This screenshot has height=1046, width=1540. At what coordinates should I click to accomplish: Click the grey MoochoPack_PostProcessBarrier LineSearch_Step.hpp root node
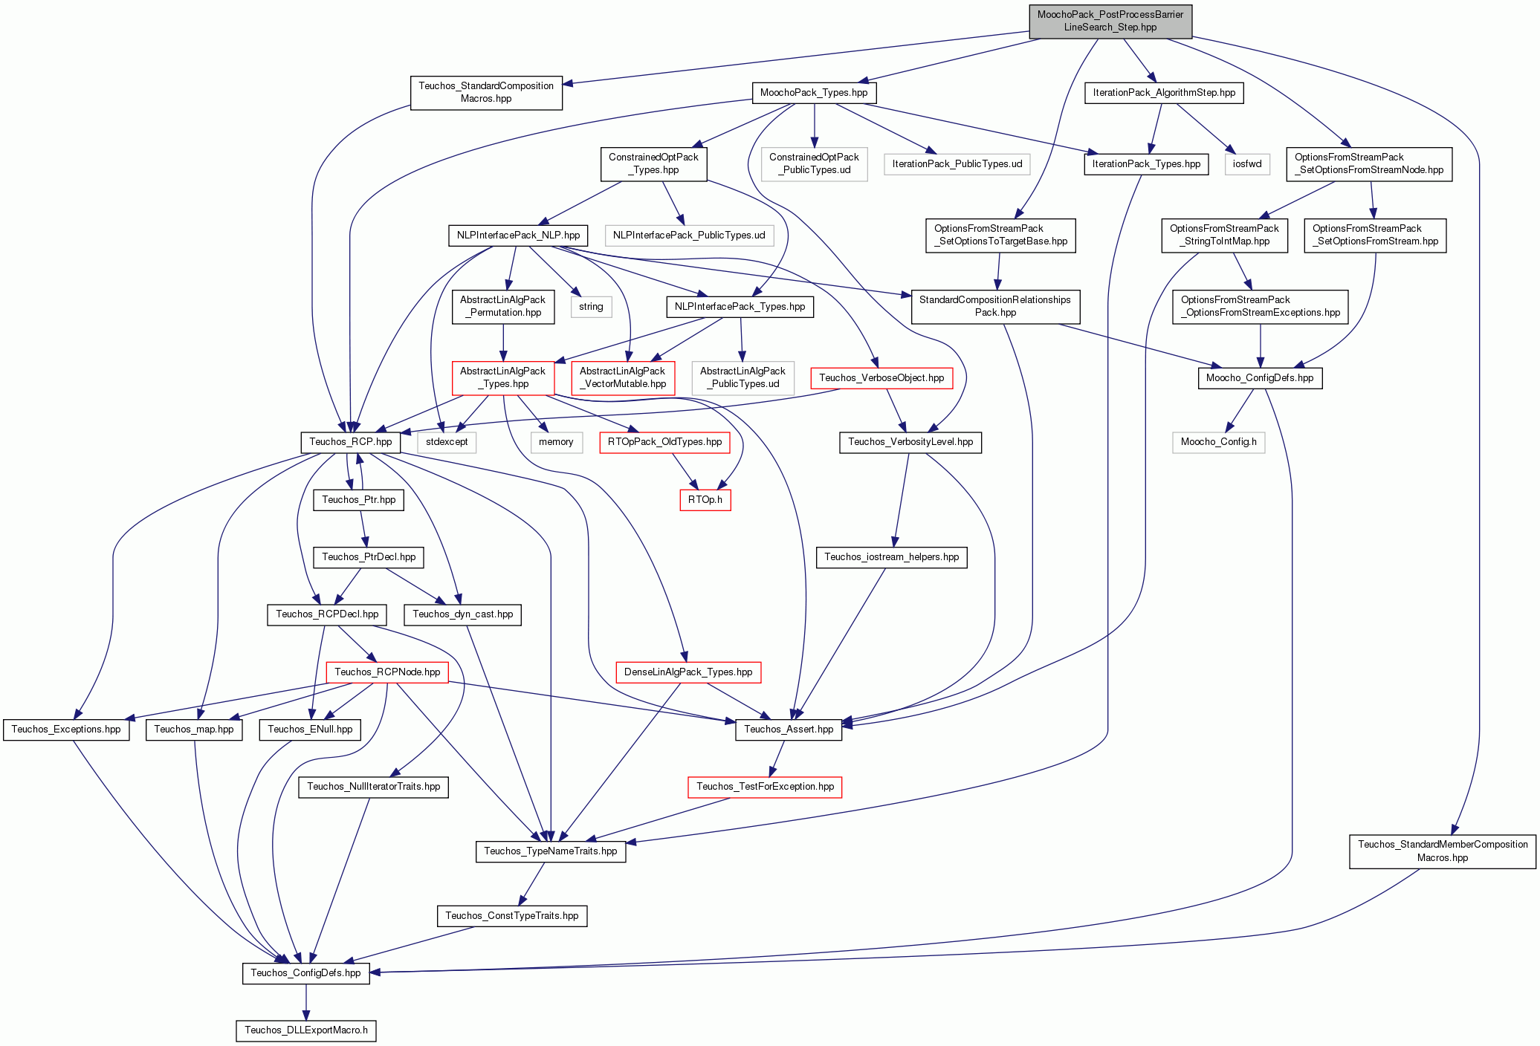coord(1110,21)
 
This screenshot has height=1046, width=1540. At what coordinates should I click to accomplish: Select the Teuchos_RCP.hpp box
coord(351,442)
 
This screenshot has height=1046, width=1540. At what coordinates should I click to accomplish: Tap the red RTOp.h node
coord(705,500)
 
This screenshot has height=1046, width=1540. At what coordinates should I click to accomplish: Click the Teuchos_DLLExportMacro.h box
coord(306,1030)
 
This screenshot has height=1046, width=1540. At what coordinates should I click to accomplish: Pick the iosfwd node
coord(1247,164)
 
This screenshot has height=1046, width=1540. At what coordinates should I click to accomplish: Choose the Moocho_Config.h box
coord(1219,442)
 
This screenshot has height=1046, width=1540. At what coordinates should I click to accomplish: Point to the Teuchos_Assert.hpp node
coord(789,730)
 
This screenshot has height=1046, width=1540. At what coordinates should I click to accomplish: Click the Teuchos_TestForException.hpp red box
coord(766,787)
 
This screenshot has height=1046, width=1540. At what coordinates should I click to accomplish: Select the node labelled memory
coord(557,442)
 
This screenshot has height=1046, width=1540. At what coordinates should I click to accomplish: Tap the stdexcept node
coord(447,442)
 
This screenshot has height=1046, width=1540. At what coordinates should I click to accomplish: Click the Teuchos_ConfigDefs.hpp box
coord(305,973)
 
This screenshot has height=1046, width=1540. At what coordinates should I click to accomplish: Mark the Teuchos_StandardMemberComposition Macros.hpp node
coord(1443,851)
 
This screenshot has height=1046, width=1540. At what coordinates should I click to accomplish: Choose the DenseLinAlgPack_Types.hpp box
coord(688,672)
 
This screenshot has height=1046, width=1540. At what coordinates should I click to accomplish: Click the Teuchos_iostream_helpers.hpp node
coord(892,557)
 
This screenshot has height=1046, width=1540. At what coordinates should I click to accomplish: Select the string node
coord(592,307)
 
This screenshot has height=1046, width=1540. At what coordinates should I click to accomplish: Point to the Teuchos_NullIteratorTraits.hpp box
coord(373,787)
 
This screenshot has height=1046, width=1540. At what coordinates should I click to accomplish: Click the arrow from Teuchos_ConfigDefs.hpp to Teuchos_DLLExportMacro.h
coord(306,1002)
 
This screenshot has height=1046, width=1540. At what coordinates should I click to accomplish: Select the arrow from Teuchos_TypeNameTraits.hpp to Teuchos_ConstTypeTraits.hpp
coord(532,884)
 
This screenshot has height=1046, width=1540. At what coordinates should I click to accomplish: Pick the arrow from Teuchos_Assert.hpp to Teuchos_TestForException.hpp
coord(777,758)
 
